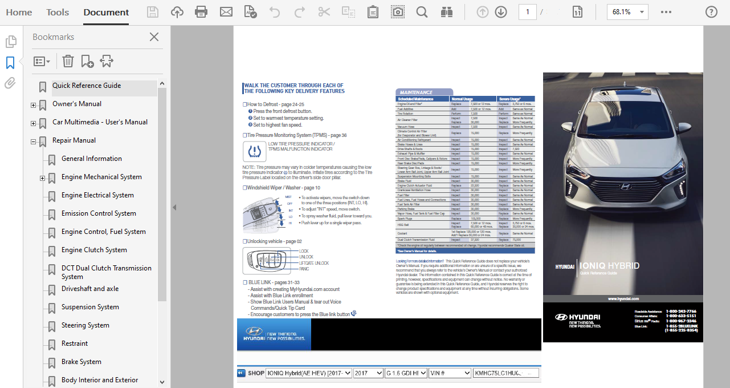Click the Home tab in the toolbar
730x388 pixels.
[x=19, y=12]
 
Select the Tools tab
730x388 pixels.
[x=58, y=12]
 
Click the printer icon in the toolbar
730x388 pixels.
[x=201, y=12]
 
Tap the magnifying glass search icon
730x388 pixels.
[x=422, y=12]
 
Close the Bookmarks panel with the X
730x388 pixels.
[x=154, y=37]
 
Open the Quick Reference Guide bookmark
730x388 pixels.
[x=87, y=86]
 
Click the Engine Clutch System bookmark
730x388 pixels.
[x=94, y=250]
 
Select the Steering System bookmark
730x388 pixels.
[x=85, y=325]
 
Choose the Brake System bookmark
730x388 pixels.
[x=81, y=362]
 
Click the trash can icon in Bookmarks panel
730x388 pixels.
[x=68, y=61]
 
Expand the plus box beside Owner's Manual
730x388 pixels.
[x=33, y=106]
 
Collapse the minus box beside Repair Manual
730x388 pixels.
[x=33, y=142]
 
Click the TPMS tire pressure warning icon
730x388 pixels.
[x=254, y=151]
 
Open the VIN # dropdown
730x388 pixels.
[x=448, y=373]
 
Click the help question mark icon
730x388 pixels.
[x=711, y=12]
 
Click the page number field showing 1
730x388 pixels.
[x=528, y=12]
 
